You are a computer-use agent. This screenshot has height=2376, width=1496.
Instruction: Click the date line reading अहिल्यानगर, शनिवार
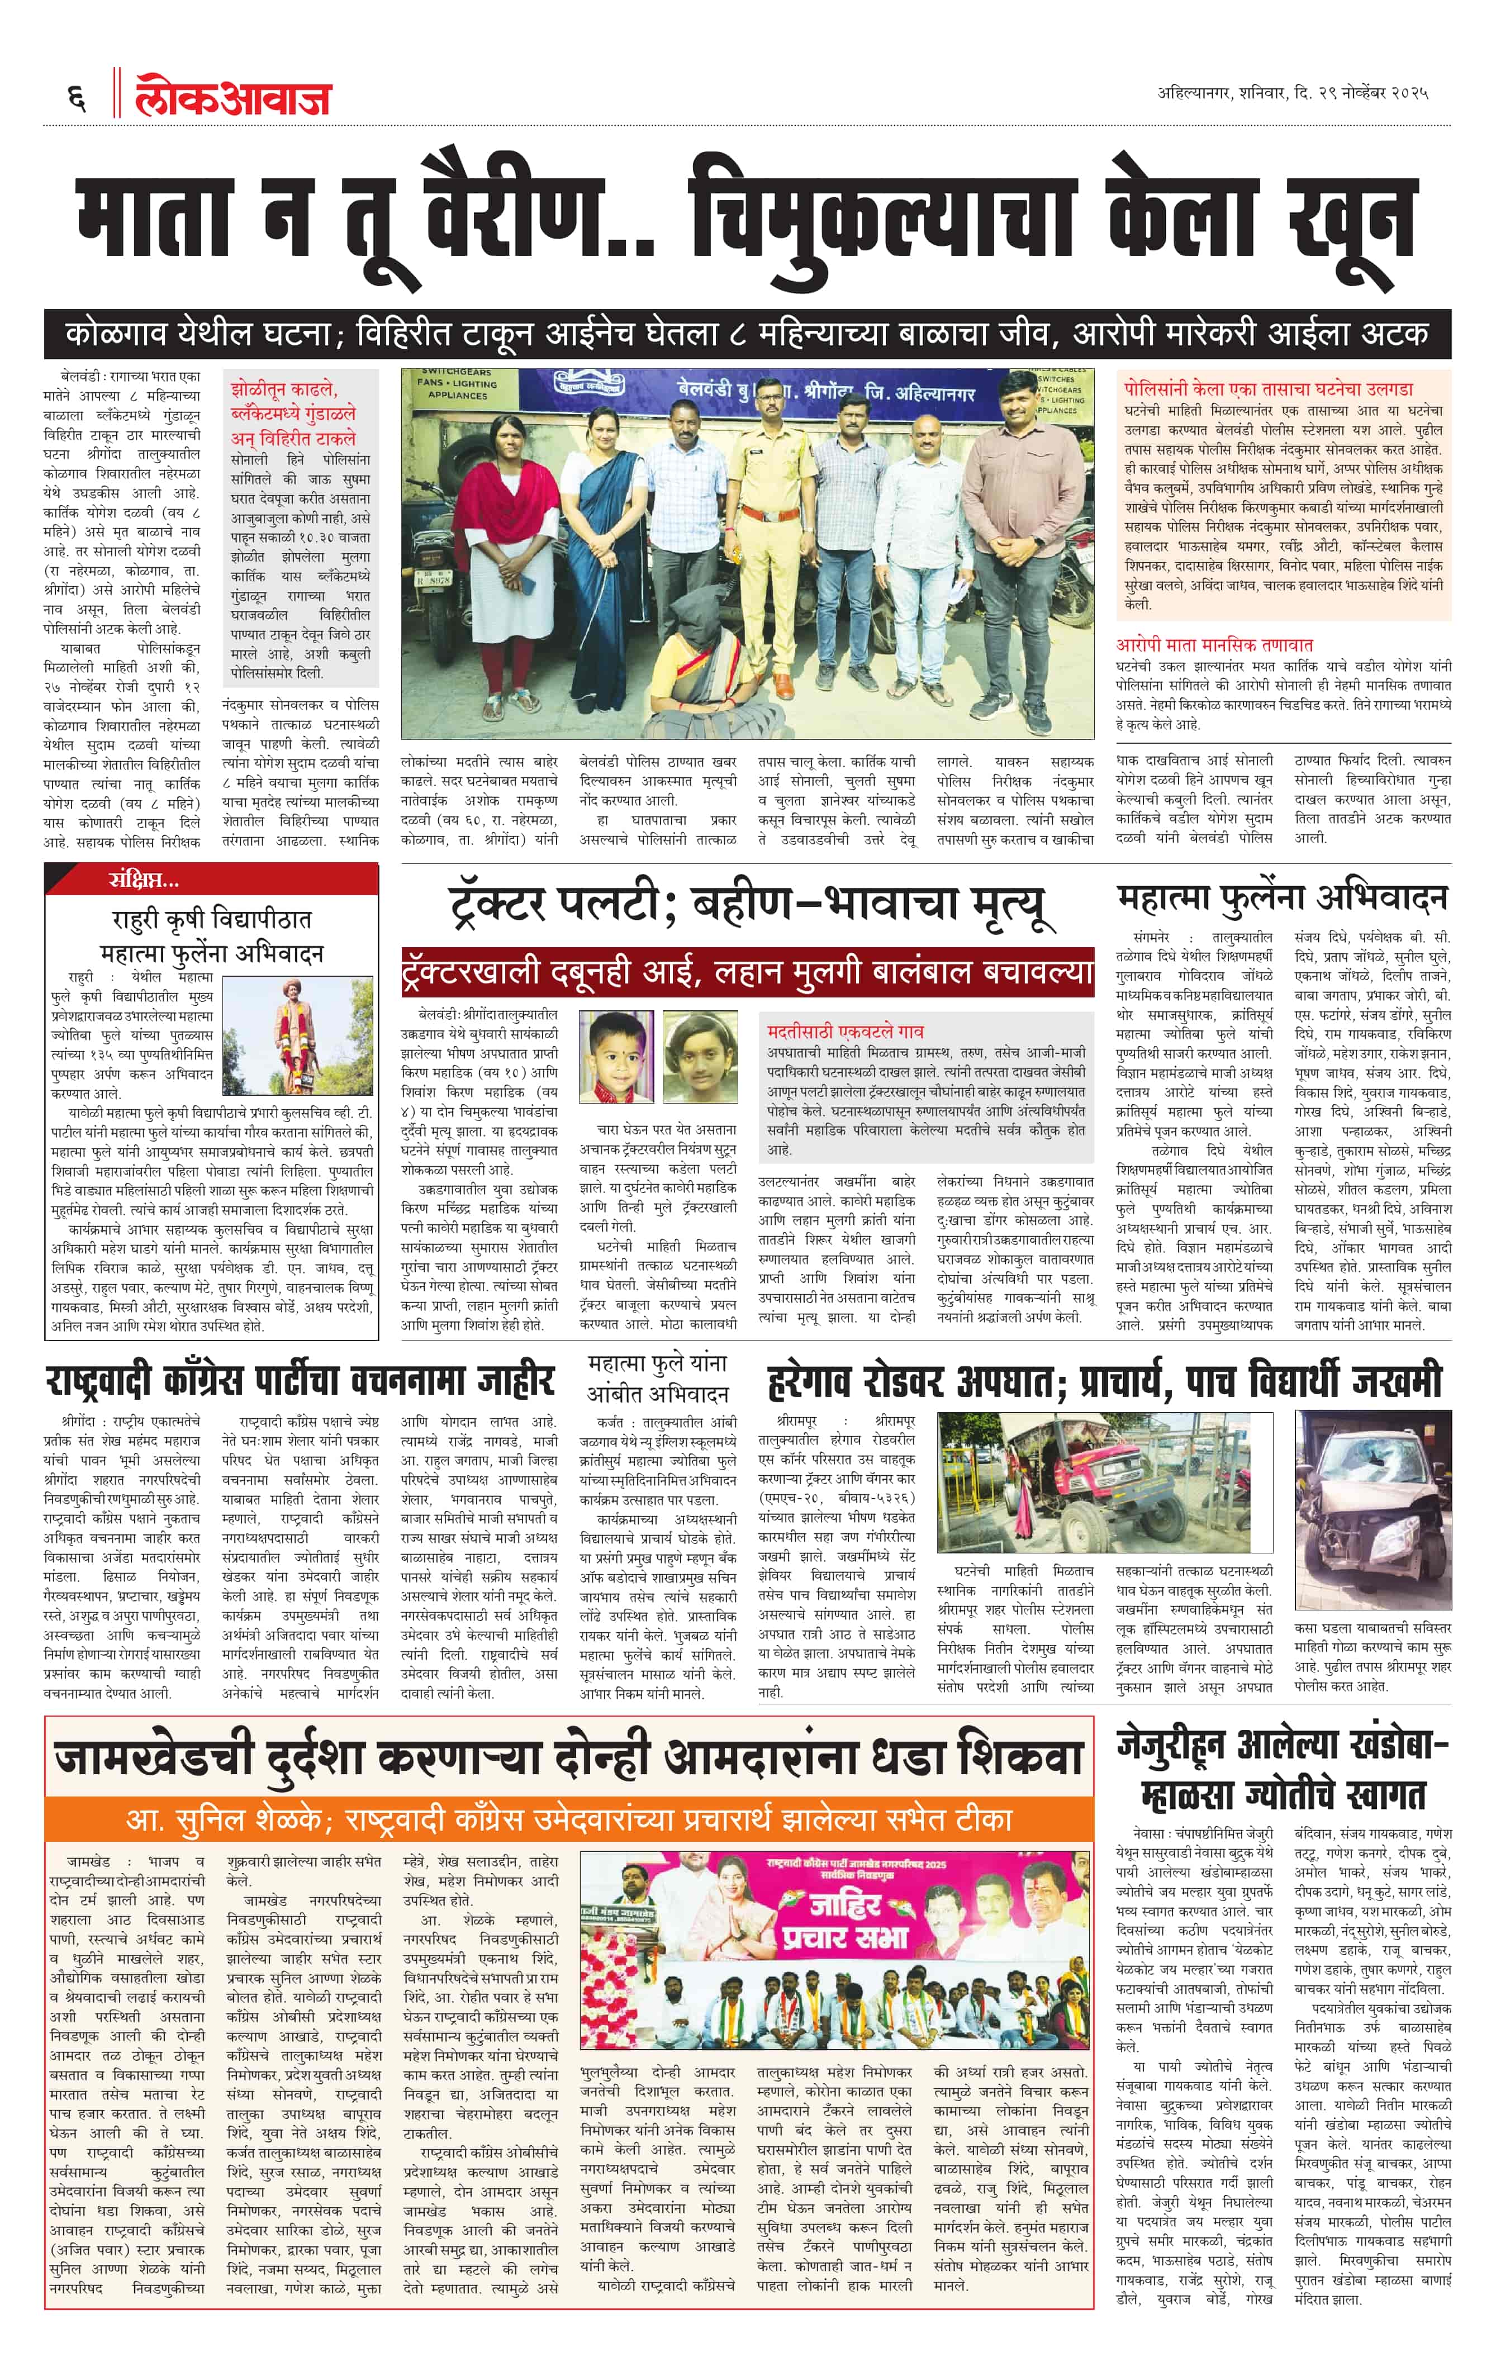(1293, 94)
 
